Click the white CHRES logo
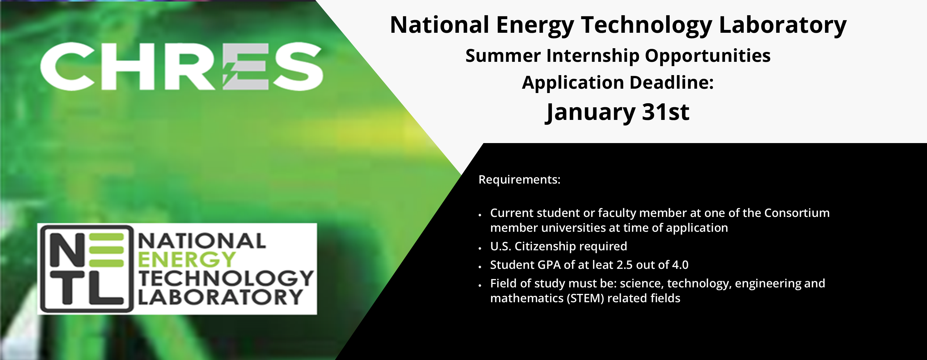tap(182, 66)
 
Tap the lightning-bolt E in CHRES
tap(245, 66)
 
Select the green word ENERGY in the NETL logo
tap(187, 260)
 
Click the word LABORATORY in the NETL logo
tap(220, 297)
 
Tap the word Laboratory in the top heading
tap(782, 26)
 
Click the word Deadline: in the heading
tap(671, 83)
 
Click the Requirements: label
tap(519, 179)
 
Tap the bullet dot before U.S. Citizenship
tap(480, 248)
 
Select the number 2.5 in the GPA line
tap(625, 265)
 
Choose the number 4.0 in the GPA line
tap(680, 265)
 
